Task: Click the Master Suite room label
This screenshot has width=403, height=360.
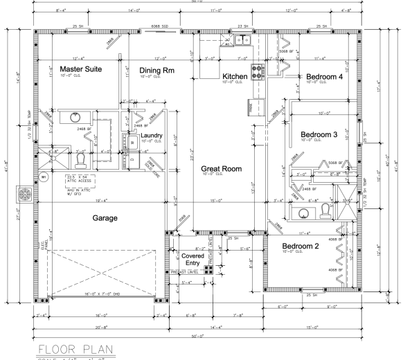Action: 82,69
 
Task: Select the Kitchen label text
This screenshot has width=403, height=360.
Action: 235,76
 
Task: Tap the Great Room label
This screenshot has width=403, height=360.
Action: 220,168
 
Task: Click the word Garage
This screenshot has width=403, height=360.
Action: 105,217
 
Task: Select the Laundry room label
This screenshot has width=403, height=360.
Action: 152,136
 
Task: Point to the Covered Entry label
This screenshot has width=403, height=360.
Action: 192,259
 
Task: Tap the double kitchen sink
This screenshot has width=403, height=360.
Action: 242,40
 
